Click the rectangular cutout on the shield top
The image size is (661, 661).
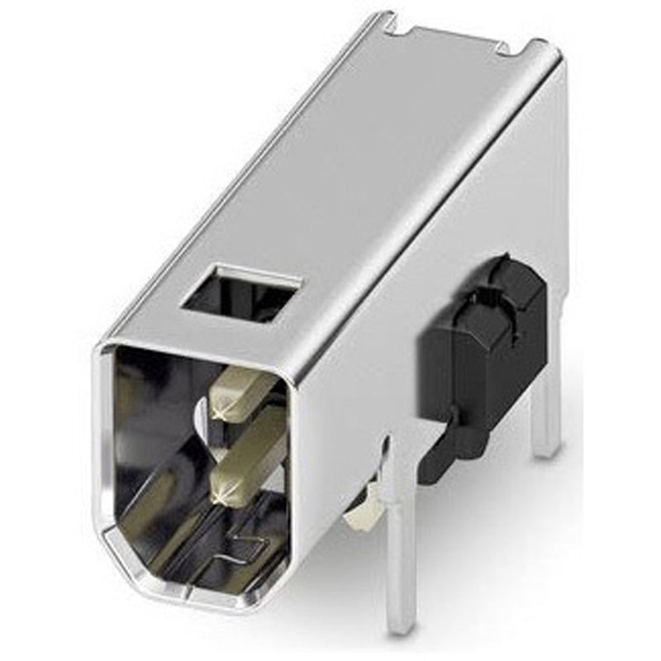pos(240,292)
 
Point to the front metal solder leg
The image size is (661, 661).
pos(400,529)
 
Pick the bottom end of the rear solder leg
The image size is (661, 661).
pos(545,450)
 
